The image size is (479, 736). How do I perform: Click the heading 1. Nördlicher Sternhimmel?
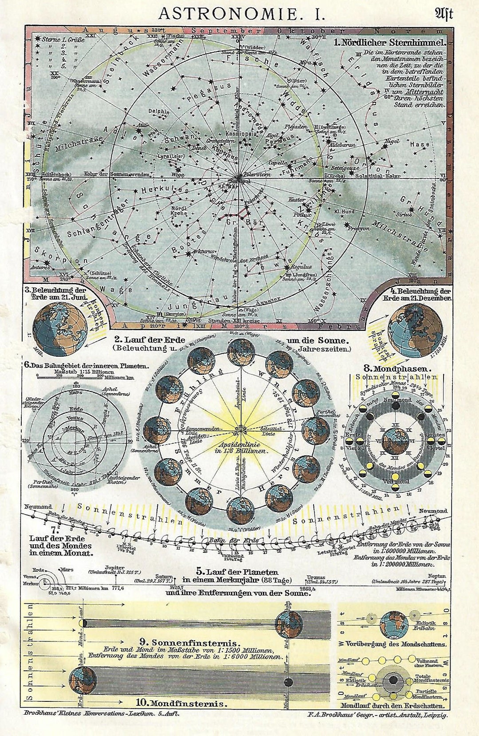(x=390, y=43)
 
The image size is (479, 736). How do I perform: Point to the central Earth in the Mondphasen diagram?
(x=396, y=441)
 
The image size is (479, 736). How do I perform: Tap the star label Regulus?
(x=301, y=267)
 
